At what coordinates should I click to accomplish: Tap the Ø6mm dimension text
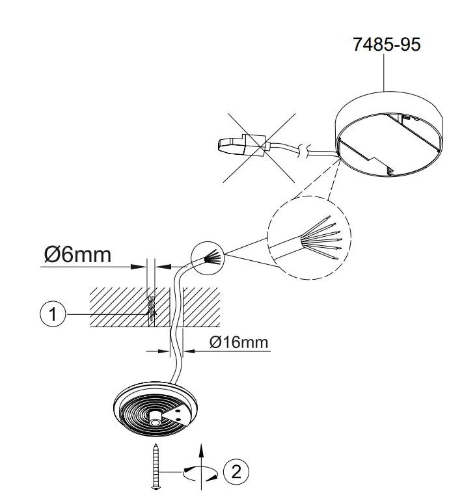77,254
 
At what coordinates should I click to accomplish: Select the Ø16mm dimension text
239,342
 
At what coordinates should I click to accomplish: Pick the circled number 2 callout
236,470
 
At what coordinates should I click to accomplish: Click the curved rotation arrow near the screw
201,475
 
